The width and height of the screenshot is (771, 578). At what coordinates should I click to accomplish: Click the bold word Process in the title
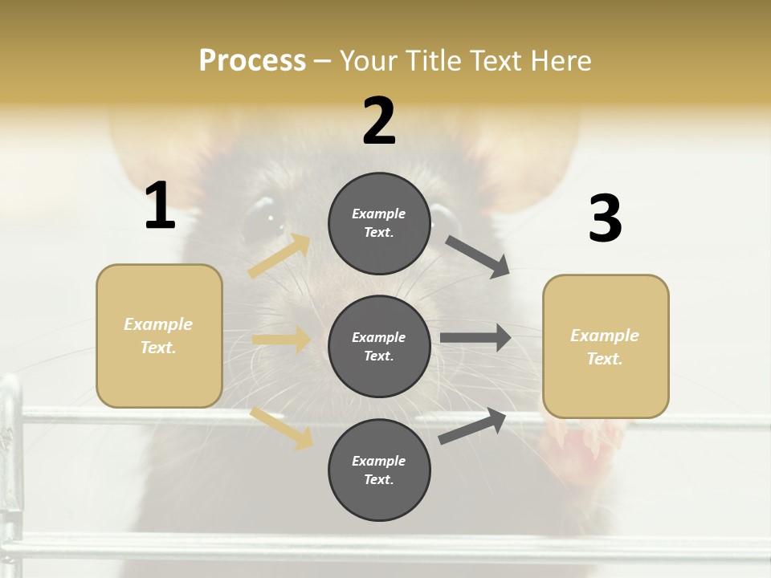pyautogui.click(x=252, y=61)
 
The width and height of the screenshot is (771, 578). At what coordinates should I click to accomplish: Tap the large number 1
pyautogui.click(x=160, y=206)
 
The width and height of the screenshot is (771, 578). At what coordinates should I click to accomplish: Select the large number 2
pyautogui.click(x=379, y=121)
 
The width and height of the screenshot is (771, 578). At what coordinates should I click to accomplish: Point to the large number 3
pyautogui.click(x=605, y=218)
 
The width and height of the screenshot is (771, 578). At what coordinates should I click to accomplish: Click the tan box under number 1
pyautogui.click(x=159, y=336)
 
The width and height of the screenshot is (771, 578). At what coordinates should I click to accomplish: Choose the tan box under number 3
pyautogui.click(x=606, y=347)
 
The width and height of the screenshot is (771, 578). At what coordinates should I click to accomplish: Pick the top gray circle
pyautogui.click(x=379, y=223)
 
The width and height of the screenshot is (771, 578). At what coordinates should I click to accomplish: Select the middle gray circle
pyautogui.click(x=379, y=346)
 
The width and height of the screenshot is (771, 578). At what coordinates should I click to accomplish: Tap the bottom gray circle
pyautogui.click(x=379, y=470)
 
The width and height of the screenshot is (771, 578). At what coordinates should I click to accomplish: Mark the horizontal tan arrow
pyautogui.click(x=281, y=340)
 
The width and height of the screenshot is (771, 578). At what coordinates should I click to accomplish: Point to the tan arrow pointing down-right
pyautogui.click(x=281, y=427)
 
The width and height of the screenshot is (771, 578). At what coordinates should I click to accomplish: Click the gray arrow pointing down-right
pyautogui.click(x=478, y=257)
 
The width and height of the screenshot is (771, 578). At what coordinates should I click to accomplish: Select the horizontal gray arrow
pyautogui.click(x=475, y=337)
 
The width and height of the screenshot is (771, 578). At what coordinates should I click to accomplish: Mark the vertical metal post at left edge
pyautogui.click(x=10, y=466)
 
